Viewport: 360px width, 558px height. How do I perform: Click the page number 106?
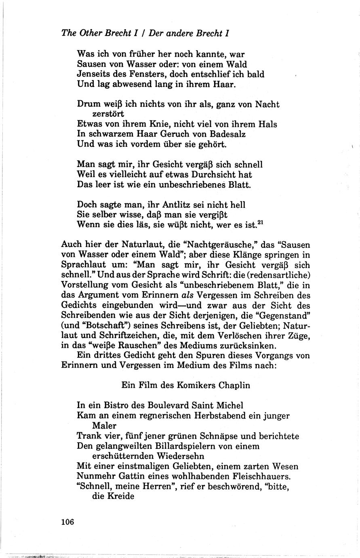coord(67,522)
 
